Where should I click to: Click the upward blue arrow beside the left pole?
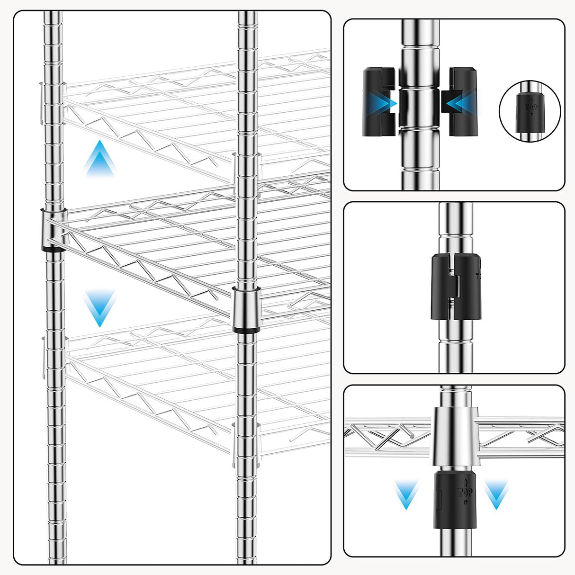[99, 159]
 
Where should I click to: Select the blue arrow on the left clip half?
[385, 102]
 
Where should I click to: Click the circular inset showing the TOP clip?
[530, 111]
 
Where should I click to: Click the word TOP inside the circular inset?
[530, 108]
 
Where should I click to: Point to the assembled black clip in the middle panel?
[456, 287]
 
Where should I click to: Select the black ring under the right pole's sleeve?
[246, 330]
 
